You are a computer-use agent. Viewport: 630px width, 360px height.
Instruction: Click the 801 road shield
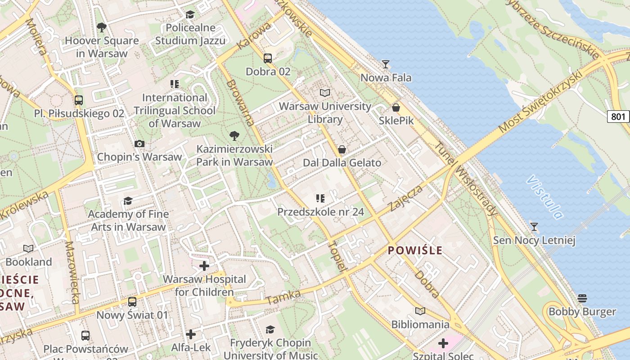[618, 117]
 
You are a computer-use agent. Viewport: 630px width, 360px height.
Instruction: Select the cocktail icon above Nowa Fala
[385, 64]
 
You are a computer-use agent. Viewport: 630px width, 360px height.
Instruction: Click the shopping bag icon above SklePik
[396, 108]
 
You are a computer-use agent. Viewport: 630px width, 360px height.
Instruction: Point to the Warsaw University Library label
[325, 113]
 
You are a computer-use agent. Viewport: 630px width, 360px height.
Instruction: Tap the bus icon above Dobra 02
[268, 58]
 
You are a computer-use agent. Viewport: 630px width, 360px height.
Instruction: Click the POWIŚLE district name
[415, 251]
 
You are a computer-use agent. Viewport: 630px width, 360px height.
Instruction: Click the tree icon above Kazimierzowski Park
[234, 135]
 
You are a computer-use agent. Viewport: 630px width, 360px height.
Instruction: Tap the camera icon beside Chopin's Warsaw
[139, 144]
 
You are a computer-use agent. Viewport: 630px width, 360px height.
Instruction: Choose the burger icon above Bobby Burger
[582, 298]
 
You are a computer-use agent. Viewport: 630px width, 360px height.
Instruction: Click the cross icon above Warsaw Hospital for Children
[204, 266]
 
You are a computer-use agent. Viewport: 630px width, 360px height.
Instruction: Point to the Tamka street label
[283, 297]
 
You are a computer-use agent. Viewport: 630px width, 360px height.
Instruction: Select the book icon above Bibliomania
[420, 311]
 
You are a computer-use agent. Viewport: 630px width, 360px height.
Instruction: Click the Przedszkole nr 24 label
[320, 211]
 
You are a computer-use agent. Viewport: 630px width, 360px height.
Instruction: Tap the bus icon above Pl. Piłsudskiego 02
[79, 100]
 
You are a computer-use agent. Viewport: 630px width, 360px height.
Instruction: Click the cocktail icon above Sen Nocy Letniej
[534, 226]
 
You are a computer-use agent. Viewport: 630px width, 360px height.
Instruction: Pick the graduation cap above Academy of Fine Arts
[128, 201]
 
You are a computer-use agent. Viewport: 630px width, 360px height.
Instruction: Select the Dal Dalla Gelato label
[342, 163]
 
